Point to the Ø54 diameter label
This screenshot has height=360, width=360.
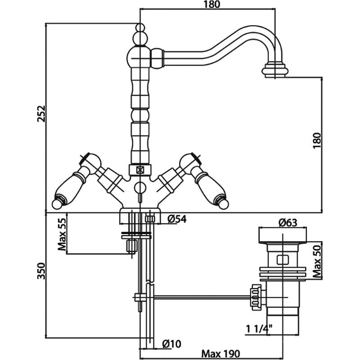[x=176, y=219]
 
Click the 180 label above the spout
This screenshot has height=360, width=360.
[x=208, y=5]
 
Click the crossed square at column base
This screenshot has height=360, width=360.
[x=139, y=170]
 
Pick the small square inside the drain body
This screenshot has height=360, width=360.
[x=283, y=259]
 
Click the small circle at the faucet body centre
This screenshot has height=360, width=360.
[x=140, y=188]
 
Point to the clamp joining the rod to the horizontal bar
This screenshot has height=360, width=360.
[x=140, y=297]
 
